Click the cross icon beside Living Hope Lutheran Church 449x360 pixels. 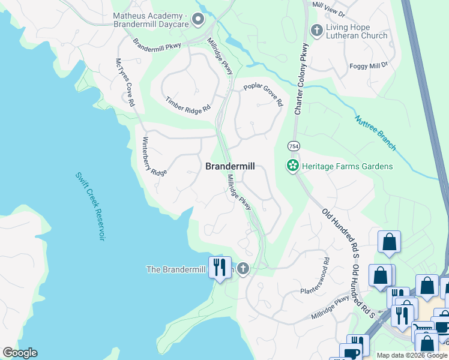pyautogui.click(x=316, y=30)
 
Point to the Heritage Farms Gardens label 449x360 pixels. pyautogui.click(x=348, y=166)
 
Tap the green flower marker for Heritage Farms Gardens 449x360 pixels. pyautogui.click(x=293, y=166)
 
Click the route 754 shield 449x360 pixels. pyautogui.click(x=294, y=146)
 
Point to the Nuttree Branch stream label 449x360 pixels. pyautogui.click(x=375, y=133)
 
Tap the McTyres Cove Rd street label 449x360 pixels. pyautogui.click(x=125, y=83)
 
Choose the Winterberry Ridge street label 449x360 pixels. pyautogui.click(x=154, y=156)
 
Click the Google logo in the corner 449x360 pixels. pyautogui.click(x=20, y=353)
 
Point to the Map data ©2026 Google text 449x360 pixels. pyautogui.click(x=411, y=355)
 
